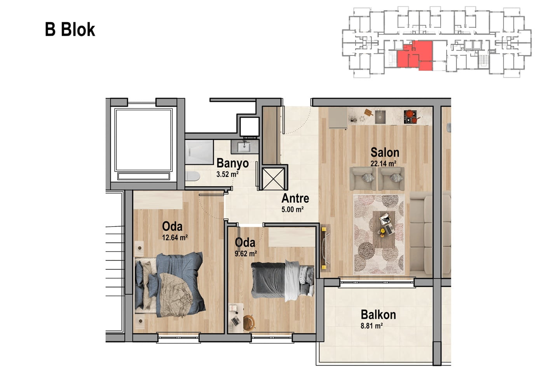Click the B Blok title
click(70, 30)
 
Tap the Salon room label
click(385, 152)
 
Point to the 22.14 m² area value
click(384, 164)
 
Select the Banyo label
click(232, 163)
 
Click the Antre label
click(295, 199)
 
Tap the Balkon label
click(378, 314)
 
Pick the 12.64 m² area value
click(175, 237)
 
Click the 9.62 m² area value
click(246, 253)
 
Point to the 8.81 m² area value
click(371, 326)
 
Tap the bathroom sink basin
click(244, 147)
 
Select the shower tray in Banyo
click(199, 152)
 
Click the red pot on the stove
click(410, 113)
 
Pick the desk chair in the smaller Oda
click(249, 322)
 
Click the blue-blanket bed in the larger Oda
click(170, 284)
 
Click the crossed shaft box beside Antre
click(274, 179)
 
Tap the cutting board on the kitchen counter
click(368, 112)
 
